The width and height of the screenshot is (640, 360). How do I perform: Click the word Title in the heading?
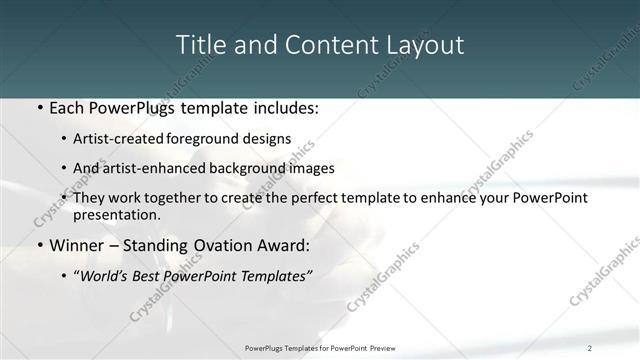pyautogui.click(x=199, y=45)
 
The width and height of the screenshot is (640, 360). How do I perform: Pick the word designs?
pyautogui.click(x=268, y=139)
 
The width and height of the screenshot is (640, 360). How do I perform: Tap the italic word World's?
pyautogui.click(x=107, y=275)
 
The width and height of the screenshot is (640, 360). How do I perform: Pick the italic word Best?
pyautogui.click(x=151, y=275)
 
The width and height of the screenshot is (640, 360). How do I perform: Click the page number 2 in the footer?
pyautogui.click(x=589, y=348)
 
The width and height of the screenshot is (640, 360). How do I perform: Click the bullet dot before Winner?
pyautogui.click(x=39, y=246)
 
